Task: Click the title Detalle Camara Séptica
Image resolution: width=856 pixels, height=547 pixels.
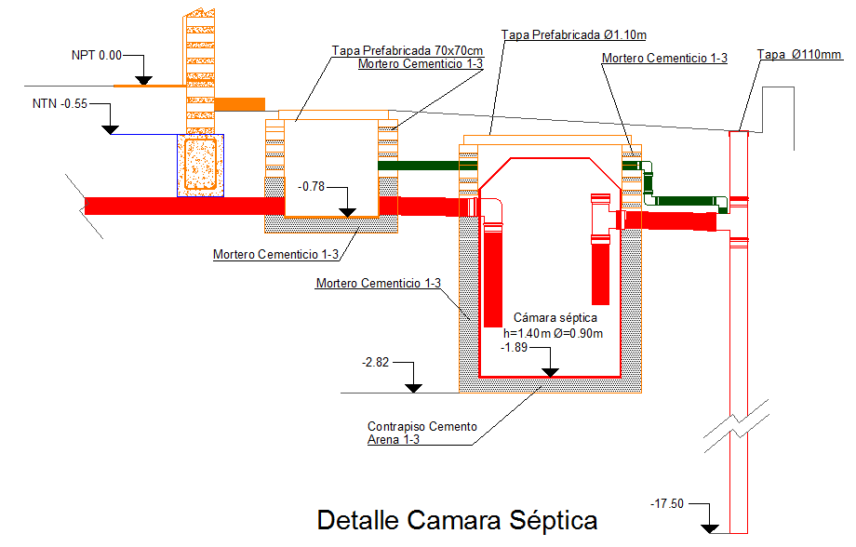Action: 457,519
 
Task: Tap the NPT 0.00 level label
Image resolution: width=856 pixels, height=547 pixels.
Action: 97,56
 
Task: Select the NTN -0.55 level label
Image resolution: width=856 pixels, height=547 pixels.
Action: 60,103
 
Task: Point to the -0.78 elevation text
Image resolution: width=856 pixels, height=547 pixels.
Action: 313,187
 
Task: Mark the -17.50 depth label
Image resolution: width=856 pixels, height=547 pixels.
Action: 667,503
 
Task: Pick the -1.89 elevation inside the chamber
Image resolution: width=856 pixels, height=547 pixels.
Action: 515,347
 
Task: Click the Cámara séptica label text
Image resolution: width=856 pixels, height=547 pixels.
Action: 554,318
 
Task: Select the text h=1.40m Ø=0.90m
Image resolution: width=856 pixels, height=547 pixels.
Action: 554,333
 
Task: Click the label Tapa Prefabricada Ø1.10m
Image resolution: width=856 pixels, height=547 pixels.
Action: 574,34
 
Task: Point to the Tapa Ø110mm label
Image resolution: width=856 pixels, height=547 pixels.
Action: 799,55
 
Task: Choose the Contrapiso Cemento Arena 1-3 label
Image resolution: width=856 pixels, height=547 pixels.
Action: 422,433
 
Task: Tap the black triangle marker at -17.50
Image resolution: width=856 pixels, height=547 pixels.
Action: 711,527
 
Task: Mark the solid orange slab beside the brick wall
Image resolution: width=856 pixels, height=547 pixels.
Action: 240,103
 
